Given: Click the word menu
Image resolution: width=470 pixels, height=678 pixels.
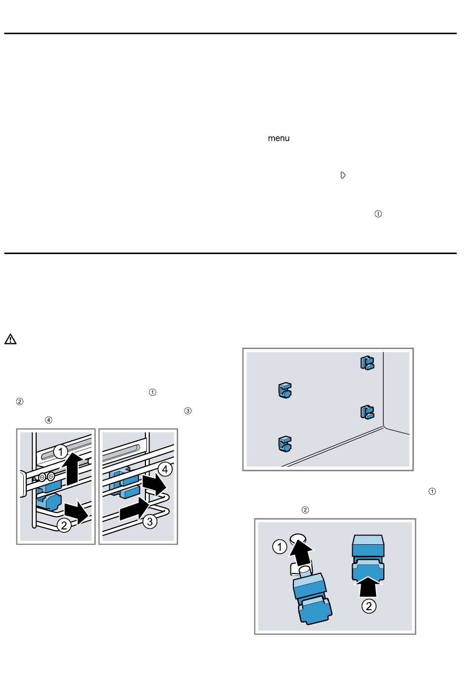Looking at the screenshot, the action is [279, 138].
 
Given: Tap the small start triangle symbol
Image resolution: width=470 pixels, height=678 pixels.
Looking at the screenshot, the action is [343, 175].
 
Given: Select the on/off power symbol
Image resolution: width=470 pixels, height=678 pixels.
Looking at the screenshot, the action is [378, 214].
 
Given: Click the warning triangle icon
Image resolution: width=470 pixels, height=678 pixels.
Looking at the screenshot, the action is [10, 339].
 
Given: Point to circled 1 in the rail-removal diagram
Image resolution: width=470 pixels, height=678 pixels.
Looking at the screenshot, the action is [60, 452].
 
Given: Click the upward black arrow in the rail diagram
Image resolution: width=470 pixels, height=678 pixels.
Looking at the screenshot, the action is [73, 469].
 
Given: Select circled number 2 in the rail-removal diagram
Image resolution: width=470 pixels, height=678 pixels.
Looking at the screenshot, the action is [64, 525].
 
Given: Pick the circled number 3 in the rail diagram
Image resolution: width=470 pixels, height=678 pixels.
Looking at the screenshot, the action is [150, 522].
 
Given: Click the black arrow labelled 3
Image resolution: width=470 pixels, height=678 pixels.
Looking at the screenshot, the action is [134, 510].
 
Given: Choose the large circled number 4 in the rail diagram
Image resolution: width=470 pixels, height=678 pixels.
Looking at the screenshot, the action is [165, 469].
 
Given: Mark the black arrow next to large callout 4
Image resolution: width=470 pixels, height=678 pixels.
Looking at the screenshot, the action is [154, 485].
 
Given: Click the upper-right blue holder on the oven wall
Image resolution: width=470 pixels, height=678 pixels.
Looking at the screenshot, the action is [368, 363].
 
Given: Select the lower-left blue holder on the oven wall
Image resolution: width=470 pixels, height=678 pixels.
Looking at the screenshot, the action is [285, 444].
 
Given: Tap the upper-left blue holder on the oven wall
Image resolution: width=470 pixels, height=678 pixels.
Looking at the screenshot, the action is [285, 390].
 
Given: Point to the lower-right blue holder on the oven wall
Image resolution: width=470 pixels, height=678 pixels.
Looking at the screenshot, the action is [368, 412].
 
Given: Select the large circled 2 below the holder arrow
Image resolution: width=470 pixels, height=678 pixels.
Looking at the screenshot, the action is [369, 606].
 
